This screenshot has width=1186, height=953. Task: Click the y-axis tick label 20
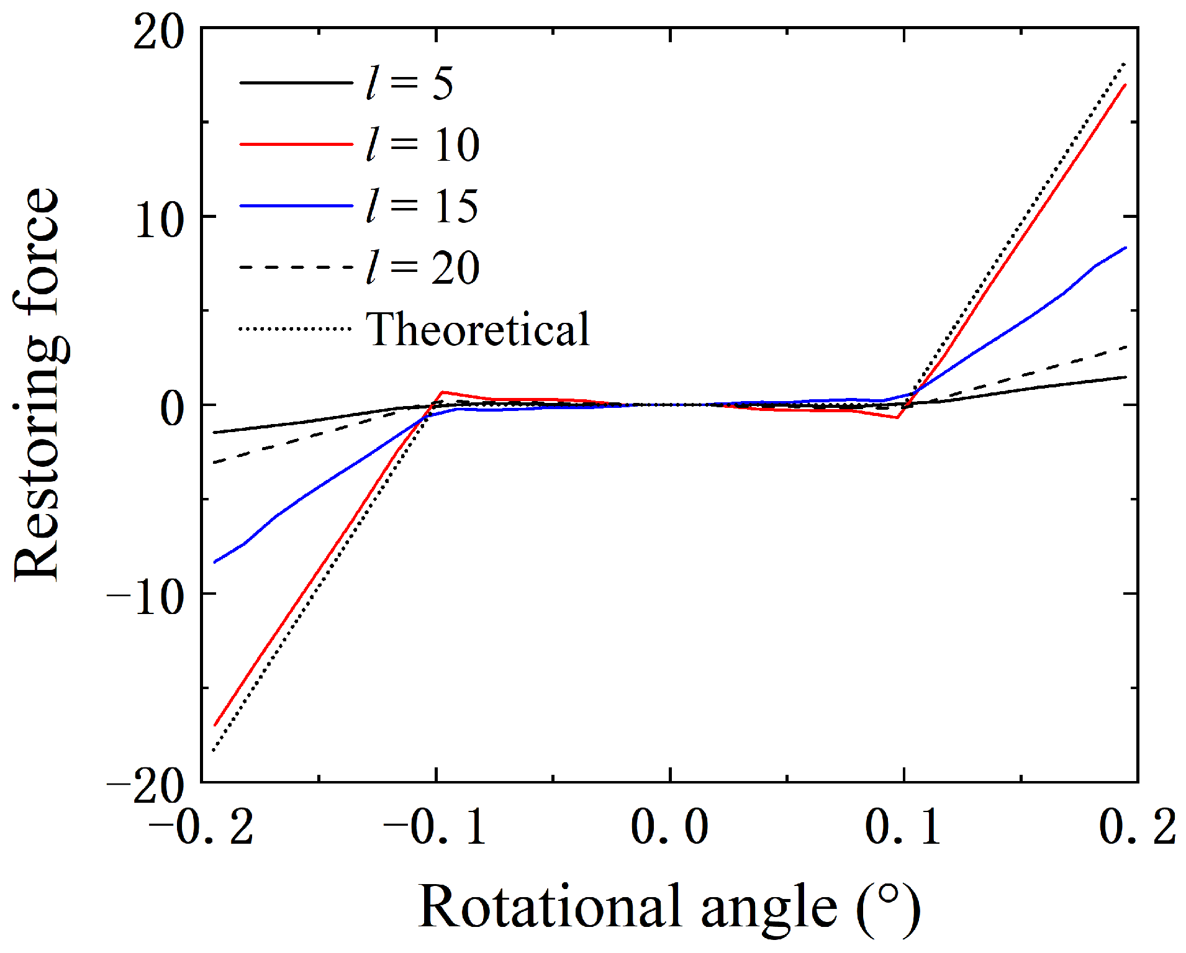[159, 32]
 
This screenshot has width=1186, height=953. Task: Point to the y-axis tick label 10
[159, 220]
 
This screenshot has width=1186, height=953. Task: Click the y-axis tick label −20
[145, 785]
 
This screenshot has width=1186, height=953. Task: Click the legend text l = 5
[409, 83]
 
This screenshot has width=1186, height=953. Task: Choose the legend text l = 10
[422, 145]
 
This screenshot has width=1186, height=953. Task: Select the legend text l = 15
[422, 206]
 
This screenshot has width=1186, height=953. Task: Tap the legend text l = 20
[422, 268]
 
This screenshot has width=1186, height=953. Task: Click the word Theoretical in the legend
[478, 329]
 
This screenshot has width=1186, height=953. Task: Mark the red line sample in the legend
[296, 144]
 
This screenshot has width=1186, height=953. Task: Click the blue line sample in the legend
[296, 206]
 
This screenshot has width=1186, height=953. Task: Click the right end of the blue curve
[1125, 248]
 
